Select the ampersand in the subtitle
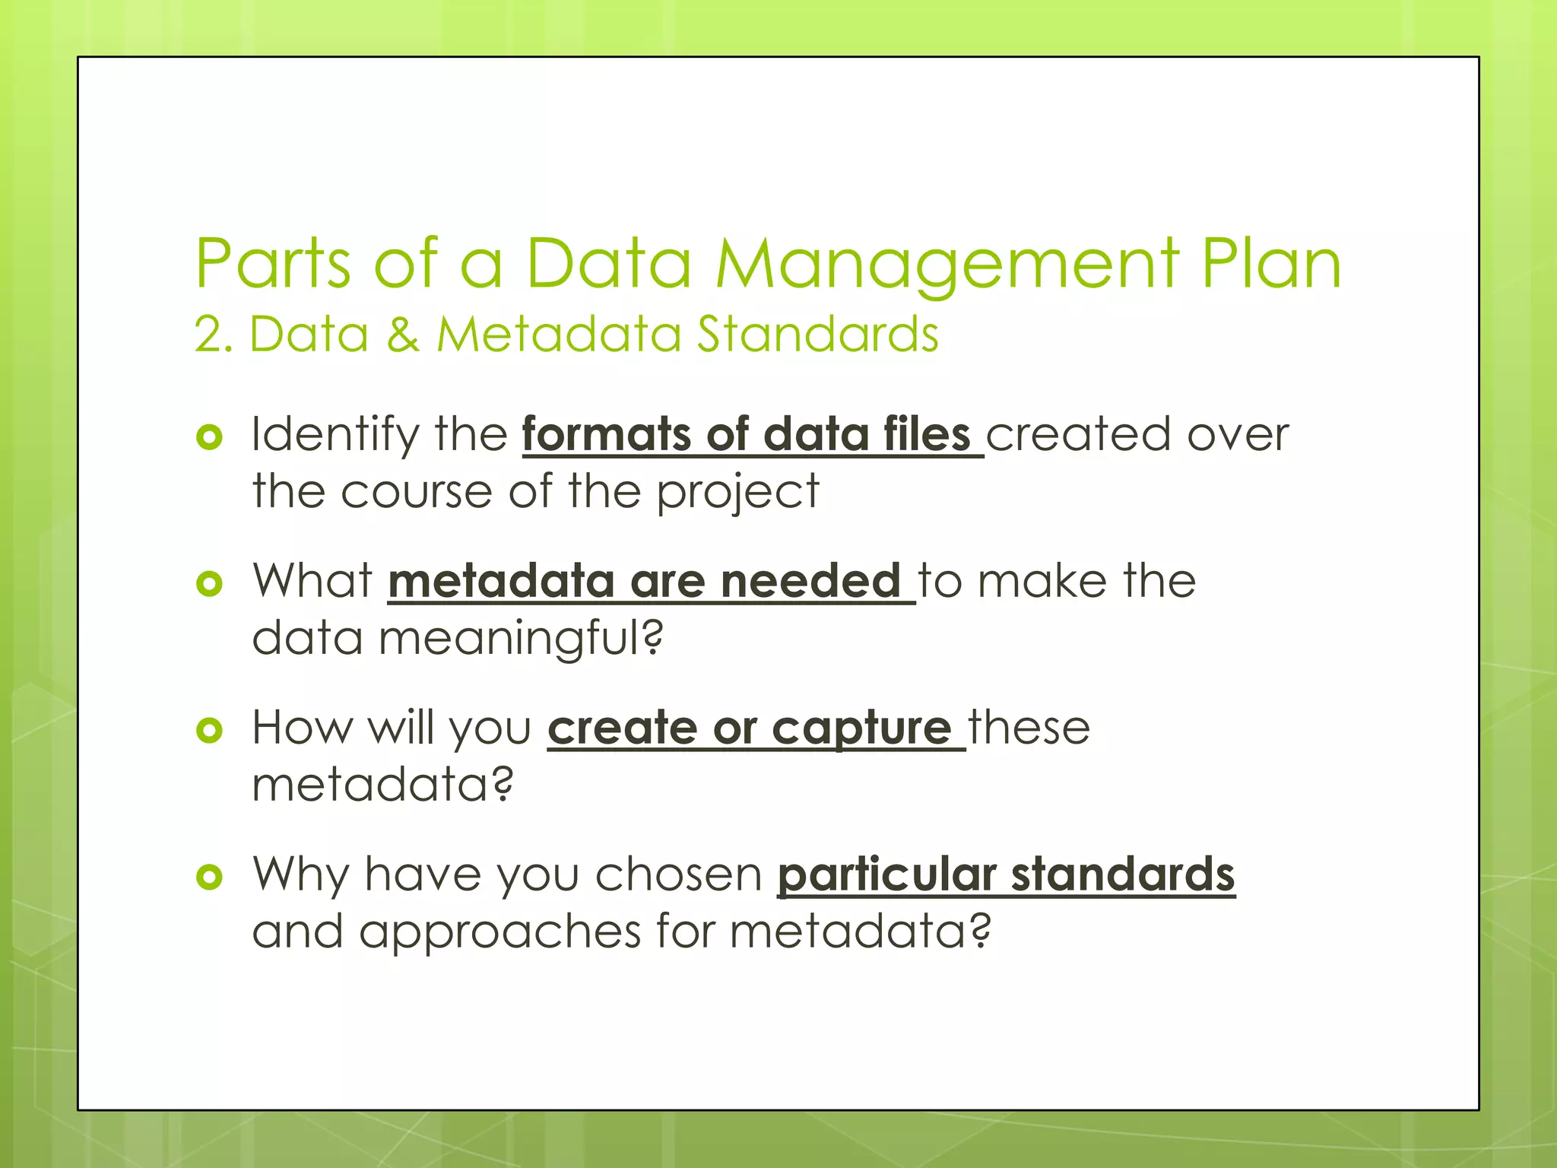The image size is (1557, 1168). [x=402, y=335]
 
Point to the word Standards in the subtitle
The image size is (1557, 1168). [x=818, y=335]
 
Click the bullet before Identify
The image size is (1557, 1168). [x=209, y=436]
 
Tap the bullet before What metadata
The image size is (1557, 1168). [x=209, y=583]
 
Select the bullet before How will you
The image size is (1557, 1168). [x=209, y=730]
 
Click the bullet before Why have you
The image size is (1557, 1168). [x=209, y=877]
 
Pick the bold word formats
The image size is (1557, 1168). [x=605, y=435]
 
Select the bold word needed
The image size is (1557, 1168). [x=810, y=582]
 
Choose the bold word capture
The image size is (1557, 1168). [x=861, y=729]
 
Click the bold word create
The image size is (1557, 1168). [x=622, y=728]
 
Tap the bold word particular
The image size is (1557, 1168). [x=886, y=875]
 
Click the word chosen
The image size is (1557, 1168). [x=678, y=875]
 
